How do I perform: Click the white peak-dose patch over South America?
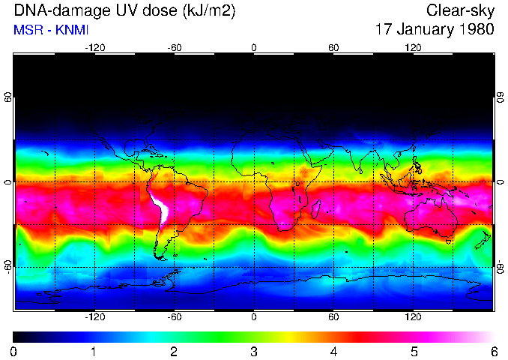(x=159, y=208)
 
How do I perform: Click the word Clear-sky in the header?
(x=460, y=10)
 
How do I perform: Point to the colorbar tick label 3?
(x=253, y=351)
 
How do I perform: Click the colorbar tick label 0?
(x=14, y=351)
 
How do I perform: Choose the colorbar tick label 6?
(x=493, y=351)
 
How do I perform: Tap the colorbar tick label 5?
(x=414, y=351)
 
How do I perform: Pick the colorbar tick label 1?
(x=94, y=351)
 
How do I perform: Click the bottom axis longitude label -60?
(x=174, y=316)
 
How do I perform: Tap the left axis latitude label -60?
(x=8, y=267)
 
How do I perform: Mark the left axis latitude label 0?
(x=8, y=182)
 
